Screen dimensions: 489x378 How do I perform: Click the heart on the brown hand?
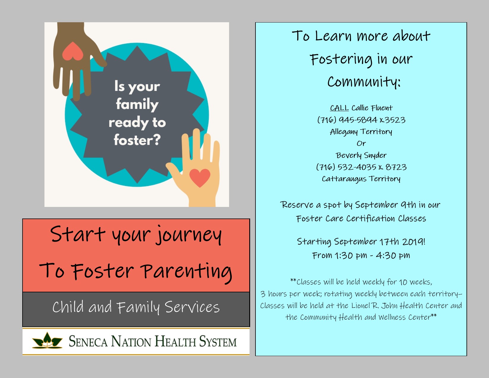tap(73, 51)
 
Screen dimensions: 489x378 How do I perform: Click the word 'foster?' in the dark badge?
tap(137, 140)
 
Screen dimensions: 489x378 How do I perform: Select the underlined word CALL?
tap(339, 108)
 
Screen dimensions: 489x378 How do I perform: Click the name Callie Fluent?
tap(372, 108)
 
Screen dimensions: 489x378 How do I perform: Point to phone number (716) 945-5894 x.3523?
tap(361, 120)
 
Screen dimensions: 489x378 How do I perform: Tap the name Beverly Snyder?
tap(361, 155)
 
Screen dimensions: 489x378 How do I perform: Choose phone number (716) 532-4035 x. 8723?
tap(361, 167)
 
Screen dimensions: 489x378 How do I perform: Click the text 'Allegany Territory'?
tap(361, 132)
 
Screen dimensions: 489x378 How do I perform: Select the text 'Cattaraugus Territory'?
tap(361, 179)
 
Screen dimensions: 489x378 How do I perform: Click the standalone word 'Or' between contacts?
tap(361, 143)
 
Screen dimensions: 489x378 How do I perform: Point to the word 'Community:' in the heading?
tap(364, 82)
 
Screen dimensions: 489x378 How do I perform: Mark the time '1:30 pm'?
tap(351, 256)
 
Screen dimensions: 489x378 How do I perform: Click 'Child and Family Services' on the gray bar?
tap(136, 307)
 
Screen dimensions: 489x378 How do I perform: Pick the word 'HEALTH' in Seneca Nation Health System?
tap(175, 341)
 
